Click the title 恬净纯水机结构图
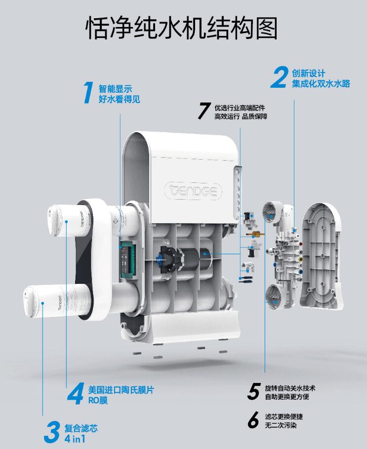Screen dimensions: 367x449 (x=182, y=28)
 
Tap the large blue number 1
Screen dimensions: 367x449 (x=88, y=93)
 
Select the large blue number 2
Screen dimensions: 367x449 (x=279, y=77)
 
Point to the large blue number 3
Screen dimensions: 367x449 (x=52, y=432)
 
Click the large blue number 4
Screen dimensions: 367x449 (x=76, y=394)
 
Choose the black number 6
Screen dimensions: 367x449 (x=253, y=420)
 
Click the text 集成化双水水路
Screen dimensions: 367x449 (x=321, y=84)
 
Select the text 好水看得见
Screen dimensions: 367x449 (x=120, y=99)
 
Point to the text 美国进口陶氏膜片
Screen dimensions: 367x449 (x=121, y=390)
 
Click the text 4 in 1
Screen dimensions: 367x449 (x=75, y=439)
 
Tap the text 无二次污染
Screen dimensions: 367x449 (x=281, y=425)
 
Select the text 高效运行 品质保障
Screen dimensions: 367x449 (x=241, y=116)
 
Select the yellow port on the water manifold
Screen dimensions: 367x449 (x=300, y=259)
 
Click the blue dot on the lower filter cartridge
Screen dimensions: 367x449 (x=42, y=303)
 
